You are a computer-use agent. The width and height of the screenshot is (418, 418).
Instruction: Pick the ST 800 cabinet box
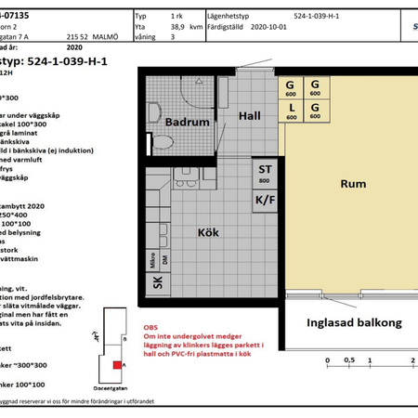(265, 174)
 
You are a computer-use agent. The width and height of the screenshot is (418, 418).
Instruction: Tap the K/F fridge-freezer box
(265, 200)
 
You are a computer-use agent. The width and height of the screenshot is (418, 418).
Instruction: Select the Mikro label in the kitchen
(152, 260)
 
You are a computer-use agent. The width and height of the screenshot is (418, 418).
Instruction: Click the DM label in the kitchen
(164, 260)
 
